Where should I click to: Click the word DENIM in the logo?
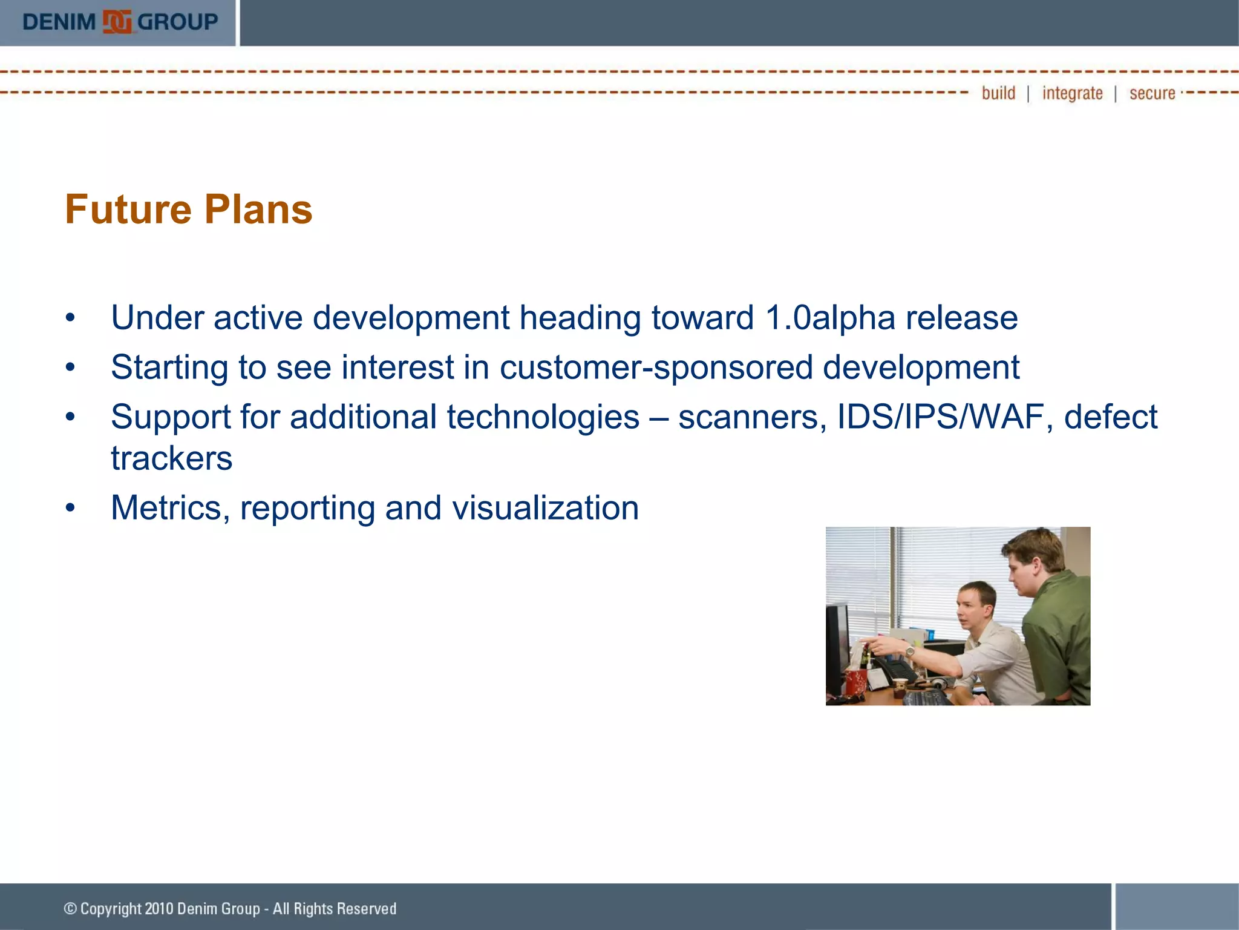(59, 22)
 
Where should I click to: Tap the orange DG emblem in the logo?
(117, 22)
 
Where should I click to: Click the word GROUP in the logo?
(177, 22)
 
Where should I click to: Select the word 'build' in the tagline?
(998, 93)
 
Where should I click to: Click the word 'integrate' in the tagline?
(1072, 93)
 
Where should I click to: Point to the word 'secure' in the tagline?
(1152, 93)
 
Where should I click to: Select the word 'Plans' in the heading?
(258, 209)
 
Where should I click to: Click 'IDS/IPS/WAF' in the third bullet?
(940, 417)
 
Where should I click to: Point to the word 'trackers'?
(171, 458)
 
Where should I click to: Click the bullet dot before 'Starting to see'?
(71, 368)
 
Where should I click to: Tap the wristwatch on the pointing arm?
(909, 652)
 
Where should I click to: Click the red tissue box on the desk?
(856, 682)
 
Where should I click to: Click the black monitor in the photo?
(838, 648)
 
